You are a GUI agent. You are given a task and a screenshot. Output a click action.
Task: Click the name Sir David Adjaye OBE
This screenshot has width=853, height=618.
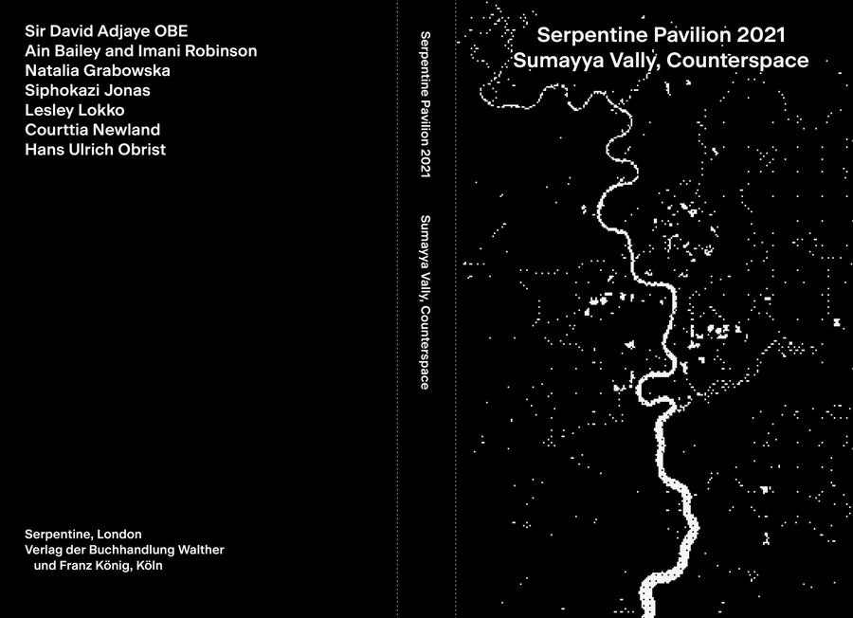click(x=106, y=31)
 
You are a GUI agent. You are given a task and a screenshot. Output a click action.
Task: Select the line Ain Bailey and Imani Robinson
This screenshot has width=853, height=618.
click(x=140, y=51)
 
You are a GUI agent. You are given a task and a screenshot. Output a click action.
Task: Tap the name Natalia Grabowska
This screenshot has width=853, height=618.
click(x=98, y=71)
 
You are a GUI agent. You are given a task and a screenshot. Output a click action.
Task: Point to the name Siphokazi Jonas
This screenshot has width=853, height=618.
click(x=87, y=91)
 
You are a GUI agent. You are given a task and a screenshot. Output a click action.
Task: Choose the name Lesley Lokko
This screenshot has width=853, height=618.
click(x=74, y=110)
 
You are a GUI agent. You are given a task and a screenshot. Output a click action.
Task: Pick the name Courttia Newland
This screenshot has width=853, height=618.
click(x=92, y=130)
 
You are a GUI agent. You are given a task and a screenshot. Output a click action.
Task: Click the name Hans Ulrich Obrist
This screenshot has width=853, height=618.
click(x=95, y=150)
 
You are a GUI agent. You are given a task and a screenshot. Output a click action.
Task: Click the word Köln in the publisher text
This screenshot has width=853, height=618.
click(x=148, y=566)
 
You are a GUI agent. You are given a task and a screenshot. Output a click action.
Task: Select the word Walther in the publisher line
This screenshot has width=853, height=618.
click(x=200, y=550)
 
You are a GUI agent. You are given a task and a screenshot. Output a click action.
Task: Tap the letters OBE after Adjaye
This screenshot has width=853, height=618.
click(x=172, y=31)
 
